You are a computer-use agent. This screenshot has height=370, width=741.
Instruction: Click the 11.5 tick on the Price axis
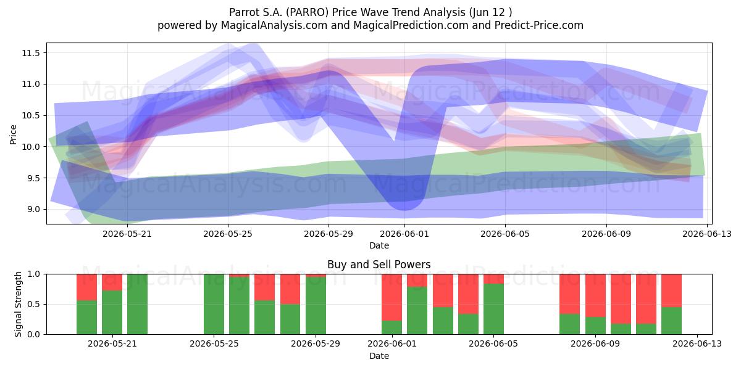[31, 53]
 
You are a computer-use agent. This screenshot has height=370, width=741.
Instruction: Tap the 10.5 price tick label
[31, 116]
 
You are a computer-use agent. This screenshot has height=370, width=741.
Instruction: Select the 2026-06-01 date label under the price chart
[404, 234]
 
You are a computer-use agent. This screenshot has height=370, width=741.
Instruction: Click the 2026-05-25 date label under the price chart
[228, 234]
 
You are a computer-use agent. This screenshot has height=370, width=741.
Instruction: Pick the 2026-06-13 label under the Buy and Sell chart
[697, 343]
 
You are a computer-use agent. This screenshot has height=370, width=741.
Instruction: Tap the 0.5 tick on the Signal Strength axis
[33, 304]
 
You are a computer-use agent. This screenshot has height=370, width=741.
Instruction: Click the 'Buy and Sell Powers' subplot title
[379, 265]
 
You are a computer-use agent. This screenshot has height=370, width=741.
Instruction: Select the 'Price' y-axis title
[13, 134]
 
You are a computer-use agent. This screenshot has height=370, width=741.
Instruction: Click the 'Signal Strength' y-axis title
[18, 304]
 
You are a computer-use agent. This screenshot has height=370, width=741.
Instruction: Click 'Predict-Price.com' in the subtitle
[539, 25]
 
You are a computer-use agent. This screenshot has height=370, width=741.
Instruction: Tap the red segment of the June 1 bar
[391, 297]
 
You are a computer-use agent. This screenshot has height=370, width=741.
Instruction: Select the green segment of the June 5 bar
[493, 309]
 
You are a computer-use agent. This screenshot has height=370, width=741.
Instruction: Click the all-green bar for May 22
[137, 304]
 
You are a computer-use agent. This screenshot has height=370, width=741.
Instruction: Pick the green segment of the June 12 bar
[672, 321]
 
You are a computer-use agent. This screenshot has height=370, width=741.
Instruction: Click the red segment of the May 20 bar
[86, 287]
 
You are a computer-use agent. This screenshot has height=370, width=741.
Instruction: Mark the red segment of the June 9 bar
[595, 295]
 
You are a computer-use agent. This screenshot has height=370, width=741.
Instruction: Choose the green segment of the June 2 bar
[417, 311]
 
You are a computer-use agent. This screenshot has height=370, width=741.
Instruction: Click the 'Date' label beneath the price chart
[379, 245]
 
